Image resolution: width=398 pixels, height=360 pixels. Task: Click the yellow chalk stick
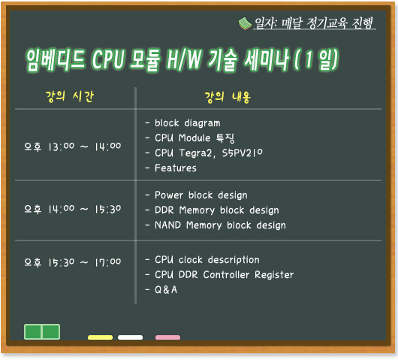[x=100, y=337]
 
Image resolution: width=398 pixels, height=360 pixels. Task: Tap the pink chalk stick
[x=167, y=337]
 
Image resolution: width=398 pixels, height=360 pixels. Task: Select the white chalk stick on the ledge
[x=130, y=337]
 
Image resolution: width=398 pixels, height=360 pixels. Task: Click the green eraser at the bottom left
[x=42, y=331]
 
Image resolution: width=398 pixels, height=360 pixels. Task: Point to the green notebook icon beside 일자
[x=245, y=23]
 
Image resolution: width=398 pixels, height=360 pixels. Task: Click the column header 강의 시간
[x=70, y=96]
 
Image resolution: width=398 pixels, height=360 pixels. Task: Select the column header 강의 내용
[x=228, y=97]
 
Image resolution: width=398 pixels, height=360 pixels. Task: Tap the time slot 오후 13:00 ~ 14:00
[x=73, y=147]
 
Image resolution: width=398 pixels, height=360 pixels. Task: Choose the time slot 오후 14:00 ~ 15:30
[x=73, y=209]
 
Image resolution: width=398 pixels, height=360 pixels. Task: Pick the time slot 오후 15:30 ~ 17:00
[x=73, y=262]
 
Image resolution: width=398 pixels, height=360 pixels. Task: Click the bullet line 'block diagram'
[x=187, y=123]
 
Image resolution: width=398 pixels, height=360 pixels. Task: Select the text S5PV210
[x=242, y=153]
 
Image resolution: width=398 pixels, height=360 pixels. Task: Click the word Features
[x=176, y=168]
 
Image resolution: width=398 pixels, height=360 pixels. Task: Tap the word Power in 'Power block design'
[x=169, y=195]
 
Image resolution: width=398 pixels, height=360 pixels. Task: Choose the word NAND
[x=167, y=225]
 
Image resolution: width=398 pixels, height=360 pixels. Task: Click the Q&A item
[x=166, y=290]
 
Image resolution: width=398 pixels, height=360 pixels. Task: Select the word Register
[x=274, y=275]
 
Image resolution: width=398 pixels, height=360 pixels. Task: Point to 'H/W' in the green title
[x=184, y=59]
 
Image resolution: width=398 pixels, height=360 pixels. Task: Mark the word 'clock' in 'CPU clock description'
[x=191, y=260]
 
